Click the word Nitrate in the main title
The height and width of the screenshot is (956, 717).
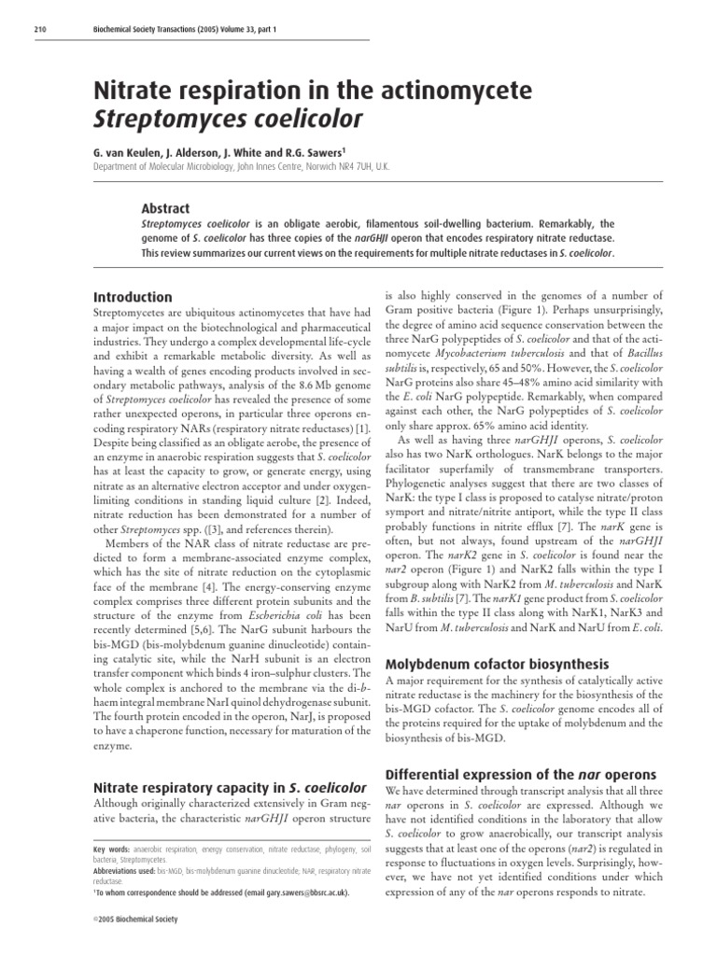[x=138, y=91]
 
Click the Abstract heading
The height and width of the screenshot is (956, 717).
[x=164, y=209]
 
